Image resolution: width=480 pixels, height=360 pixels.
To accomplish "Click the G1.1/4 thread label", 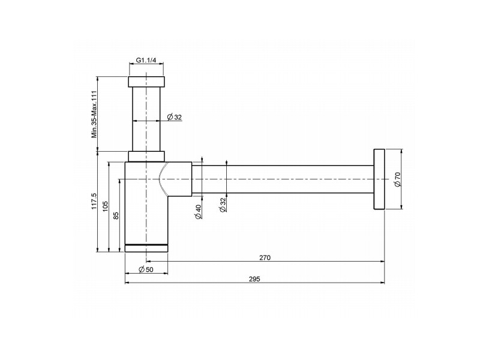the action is click(146, 60).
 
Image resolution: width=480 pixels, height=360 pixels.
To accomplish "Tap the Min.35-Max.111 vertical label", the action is click(94, 114).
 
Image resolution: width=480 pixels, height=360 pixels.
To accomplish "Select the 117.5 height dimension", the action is click(94, 201).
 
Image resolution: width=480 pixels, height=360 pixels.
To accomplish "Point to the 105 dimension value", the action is click(106, 206).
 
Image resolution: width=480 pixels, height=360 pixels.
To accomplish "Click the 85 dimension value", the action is click(116, 215).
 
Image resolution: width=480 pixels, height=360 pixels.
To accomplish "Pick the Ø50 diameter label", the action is click(146, 269).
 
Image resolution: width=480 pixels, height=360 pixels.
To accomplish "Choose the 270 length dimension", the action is click(265, 258).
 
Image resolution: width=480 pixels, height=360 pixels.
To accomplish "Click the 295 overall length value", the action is click(254, 279).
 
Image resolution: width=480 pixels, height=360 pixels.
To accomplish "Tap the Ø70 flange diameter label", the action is click(397, 179).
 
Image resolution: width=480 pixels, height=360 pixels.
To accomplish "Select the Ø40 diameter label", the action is click(198, 212).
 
